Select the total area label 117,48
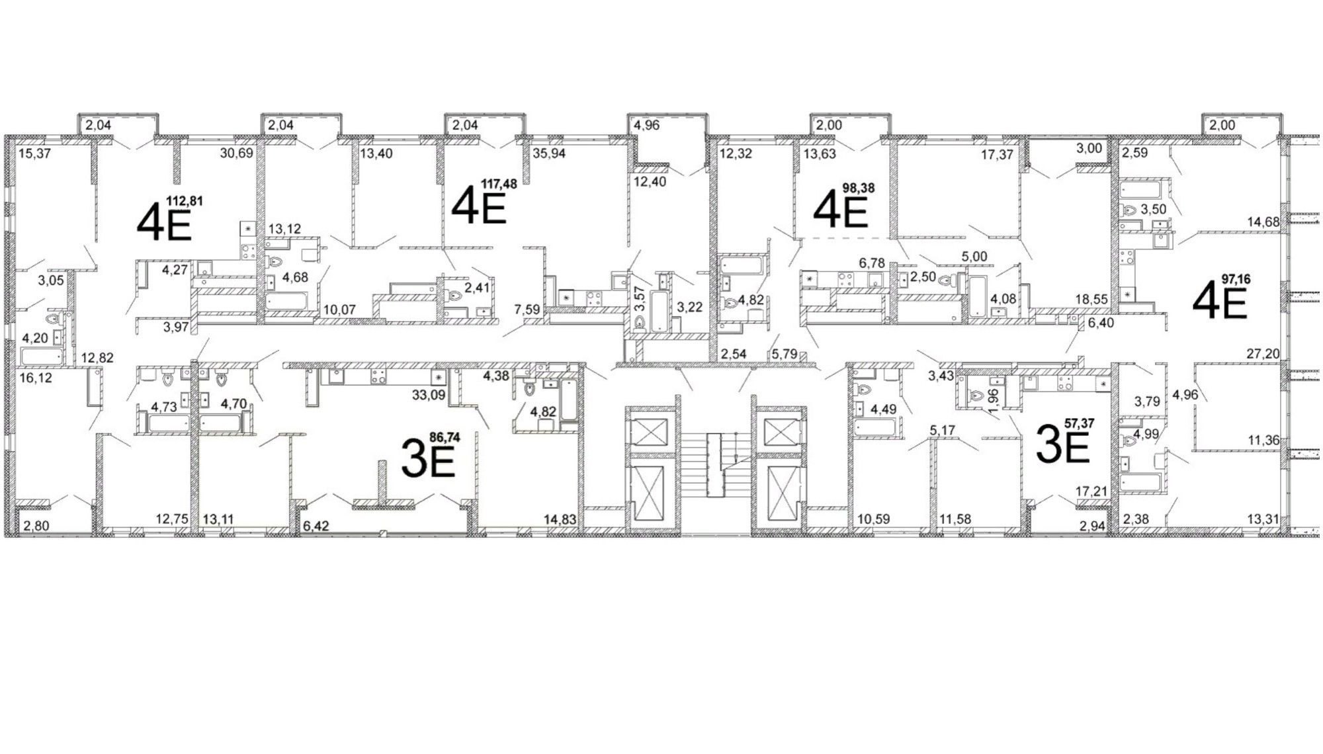(499, 185)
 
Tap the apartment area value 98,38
(859, 188)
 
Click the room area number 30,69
(237, 154)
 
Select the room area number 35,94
(550, 154)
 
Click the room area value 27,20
(1263, 354)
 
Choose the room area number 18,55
(1091, 300)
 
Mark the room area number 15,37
(34, 154)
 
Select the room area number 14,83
(560, 520)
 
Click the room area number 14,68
(1263, 222)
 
